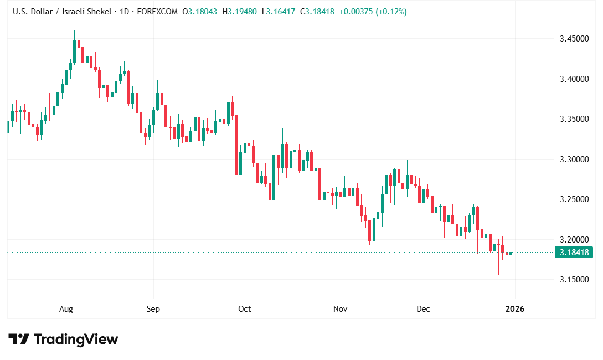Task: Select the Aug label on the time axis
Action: (x=66, y=309)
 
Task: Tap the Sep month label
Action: (x=153, y=309)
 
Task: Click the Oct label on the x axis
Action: (x=244, y=309)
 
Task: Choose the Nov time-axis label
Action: (x=340, y=309)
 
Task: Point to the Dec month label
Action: (x=424, y=309)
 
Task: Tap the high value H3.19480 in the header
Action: (x=240, y=12)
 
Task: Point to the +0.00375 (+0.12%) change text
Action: (x=374, y=12)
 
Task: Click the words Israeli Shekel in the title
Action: (x=87, y=12)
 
